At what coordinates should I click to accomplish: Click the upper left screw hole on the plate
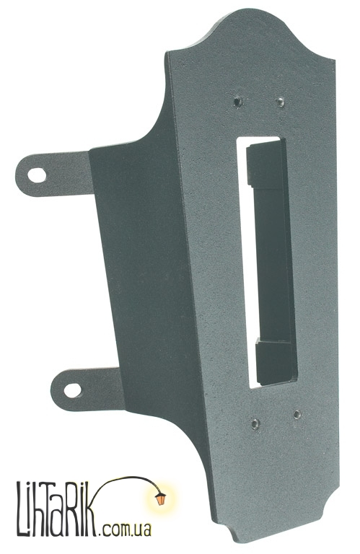(x=238, y=102)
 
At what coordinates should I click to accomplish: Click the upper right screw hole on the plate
(x=281, y=102)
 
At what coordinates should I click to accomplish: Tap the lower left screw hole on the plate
(x=255, y=423)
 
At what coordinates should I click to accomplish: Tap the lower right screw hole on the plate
(x=297, y=414)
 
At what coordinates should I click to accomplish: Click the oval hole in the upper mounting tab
(x=37, y=175)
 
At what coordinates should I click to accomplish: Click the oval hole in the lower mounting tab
(x=72, y=390)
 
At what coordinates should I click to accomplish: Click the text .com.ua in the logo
(x=126, y=530)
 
